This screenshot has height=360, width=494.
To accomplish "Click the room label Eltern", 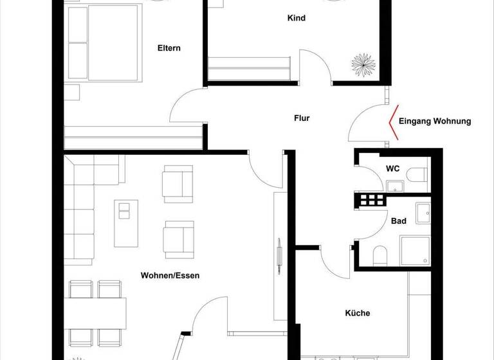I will [x=169, y=48].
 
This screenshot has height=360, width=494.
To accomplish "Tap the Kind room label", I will [x=296, y=18].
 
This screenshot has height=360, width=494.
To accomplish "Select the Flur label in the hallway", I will [x=302, y=118].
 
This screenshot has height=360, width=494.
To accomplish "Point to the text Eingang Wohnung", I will [x=435, y=121].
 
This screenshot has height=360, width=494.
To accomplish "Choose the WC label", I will [x=393, y=168].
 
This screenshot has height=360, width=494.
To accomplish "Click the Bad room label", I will [x=399, y=221].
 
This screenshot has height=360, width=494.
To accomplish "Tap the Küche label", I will [x=358, y=314].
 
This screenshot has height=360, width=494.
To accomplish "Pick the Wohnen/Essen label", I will [x=170, y=276].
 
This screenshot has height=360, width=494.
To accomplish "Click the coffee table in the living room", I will [x=126, y=222].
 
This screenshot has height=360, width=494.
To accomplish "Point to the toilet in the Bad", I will [x=380, y=256].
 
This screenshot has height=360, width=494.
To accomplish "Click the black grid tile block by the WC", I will [x=372, y=200].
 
